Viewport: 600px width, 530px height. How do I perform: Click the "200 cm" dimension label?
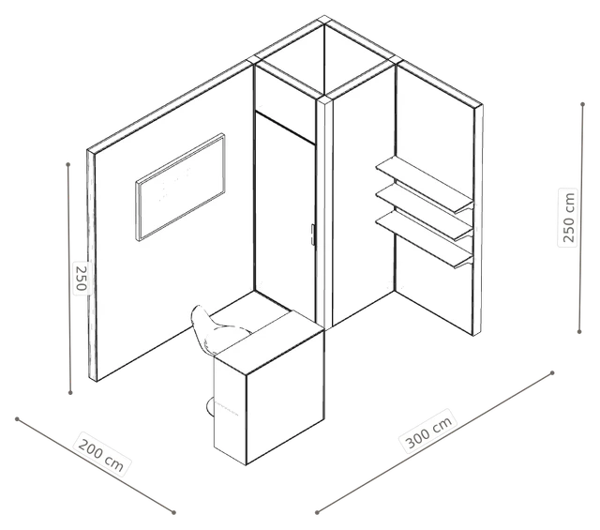pyautogui.click(x=100, y=455)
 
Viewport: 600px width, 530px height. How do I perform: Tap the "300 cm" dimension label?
pyautogui.click(x=429, y=431)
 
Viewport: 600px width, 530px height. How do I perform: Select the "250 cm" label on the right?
pyautogui.click(x=567, y=218)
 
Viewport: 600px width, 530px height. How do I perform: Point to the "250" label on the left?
pyautogui.click(x=82, y=277)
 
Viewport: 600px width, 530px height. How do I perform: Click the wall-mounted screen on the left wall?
pyautogui.click(x=180, y=187)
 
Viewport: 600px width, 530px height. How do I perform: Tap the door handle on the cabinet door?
pyautogui.click(x=312, y=235)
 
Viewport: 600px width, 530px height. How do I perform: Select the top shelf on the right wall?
pyautogui.click(x=424, y=184)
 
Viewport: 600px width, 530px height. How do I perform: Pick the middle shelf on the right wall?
pyautogui.click(x=424, y=211)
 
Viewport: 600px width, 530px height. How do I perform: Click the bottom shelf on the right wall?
pyautogui.click(x=424, y=239)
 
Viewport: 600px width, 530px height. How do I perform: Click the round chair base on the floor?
pyautogui.click(x=210, y=407)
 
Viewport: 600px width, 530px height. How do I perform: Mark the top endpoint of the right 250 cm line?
pyautogui.click(x=582, y=104)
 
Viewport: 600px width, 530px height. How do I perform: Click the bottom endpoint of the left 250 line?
pyautogui.click(x=70, y=392)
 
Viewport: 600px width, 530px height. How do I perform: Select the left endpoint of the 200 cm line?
pyautogui.click(x=17, y=419)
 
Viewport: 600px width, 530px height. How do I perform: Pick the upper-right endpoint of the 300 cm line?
pyautogui.click(x=552, y=372)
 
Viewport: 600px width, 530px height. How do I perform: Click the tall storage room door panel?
pyautogui.click(x=285, y=219)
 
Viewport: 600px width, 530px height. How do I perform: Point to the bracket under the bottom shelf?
pyautogui.click(x=464, y=263)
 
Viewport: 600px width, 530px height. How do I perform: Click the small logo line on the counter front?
pyautogui.click(x=227, y=409)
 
